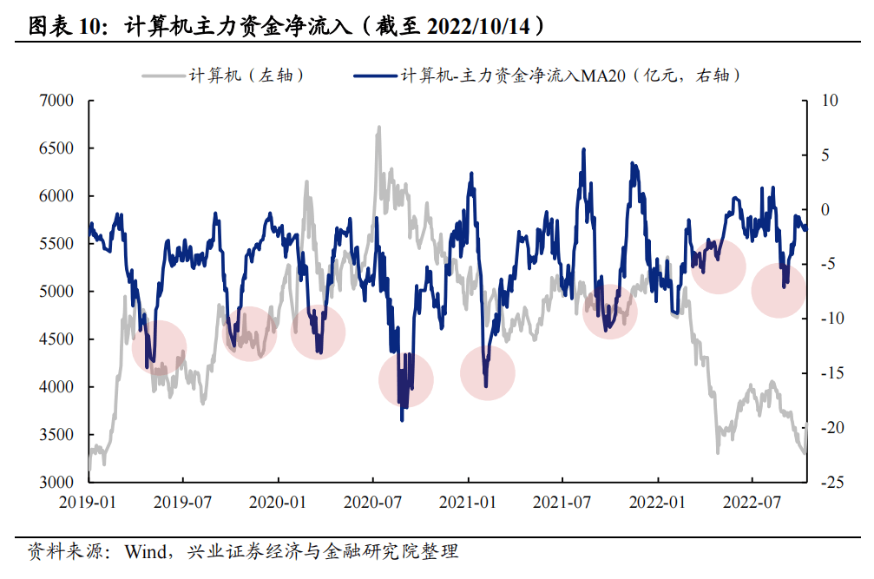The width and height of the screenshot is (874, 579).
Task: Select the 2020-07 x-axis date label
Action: pos(373,501)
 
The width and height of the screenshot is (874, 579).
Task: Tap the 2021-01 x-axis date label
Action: pos(469,501)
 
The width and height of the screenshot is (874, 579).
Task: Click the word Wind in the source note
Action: pos(150,550)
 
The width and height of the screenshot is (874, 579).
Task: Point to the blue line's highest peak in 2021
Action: pos(583,149)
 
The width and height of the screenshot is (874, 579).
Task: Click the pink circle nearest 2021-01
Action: pos(488,372)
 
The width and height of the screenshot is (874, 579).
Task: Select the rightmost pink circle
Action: pos(779,289)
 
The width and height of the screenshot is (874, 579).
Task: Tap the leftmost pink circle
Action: pos(160,345)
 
